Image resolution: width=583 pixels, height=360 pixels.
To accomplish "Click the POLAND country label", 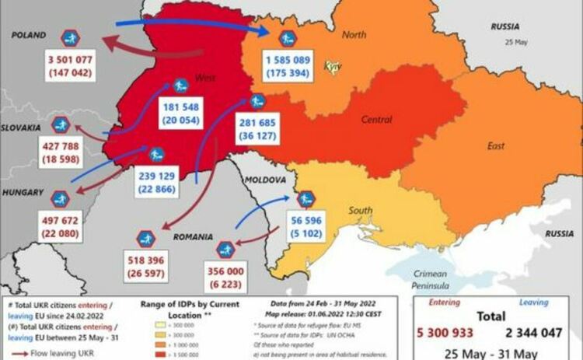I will point(28,35).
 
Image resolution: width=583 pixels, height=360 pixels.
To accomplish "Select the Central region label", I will point(376,120).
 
